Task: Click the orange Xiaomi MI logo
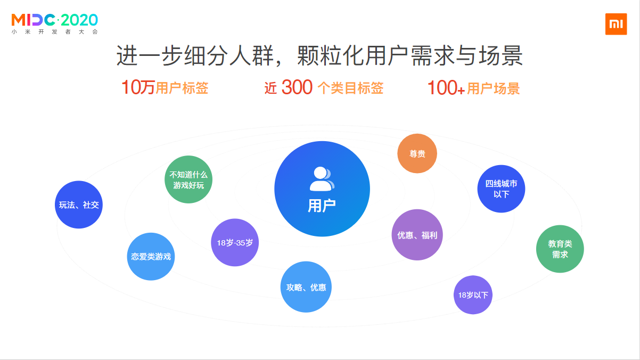point(616,24)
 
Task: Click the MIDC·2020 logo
point(54,20)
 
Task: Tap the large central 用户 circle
point(322,189)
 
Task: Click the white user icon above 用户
point(322,178)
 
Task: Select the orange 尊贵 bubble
point(417,153)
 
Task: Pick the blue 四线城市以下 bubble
point(501,189)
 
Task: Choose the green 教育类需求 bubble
point(560,249)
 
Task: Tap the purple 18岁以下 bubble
point(473,294)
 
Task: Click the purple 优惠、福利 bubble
point(417,235)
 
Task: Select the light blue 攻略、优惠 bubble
point(306,287)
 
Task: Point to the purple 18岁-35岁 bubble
point(235,242)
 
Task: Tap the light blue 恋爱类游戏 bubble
point(151,256)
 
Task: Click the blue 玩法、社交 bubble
point(79,204)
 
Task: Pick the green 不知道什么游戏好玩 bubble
point(188,179)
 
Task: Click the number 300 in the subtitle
point(297,87)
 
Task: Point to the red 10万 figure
point(138,87)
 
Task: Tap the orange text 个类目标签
point(350,88)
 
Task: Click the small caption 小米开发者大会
point(55,32)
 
